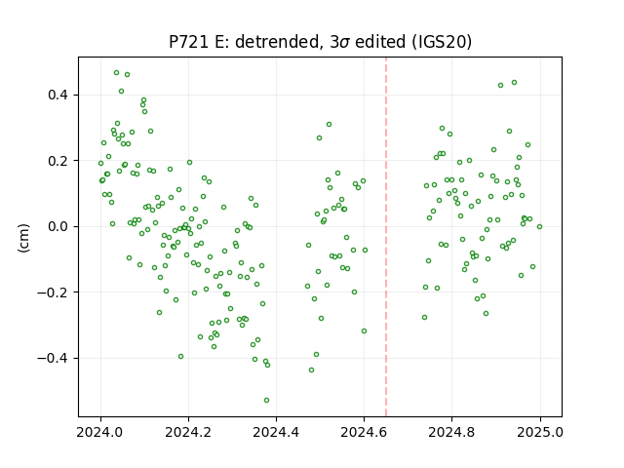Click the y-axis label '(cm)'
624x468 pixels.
pos(23,238)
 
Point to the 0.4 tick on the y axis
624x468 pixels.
pos(58,96)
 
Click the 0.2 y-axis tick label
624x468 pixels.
pos(58,161)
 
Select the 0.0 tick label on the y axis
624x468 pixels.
pos(58,227)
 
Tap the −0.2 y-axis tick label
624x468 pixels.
pos(53,292)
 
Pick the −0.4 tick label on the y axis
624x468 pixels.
pos(53,358)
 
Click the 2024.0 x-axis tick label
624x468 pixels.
pos(100,432)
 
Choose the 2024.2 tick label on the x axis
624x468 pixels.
pos(188,432)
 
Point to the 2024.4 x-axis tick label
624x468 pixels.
pos(276,432)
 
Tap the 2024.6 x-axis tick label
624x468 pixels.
pos(364,432)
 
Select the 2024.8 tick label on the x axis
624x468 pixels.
pos(451,432)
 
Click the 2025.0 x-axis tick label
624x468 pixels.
pos(540,432)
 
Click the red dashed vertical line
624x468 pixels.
pos(386,237)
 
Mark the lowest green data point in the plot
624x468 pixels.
pos(266,401)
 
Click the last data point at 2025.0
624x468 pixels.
pos(539,227)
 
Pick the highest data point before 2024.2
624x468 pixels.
pos(116,73)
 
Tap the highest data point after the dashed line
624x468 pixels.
pos(514,82)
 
